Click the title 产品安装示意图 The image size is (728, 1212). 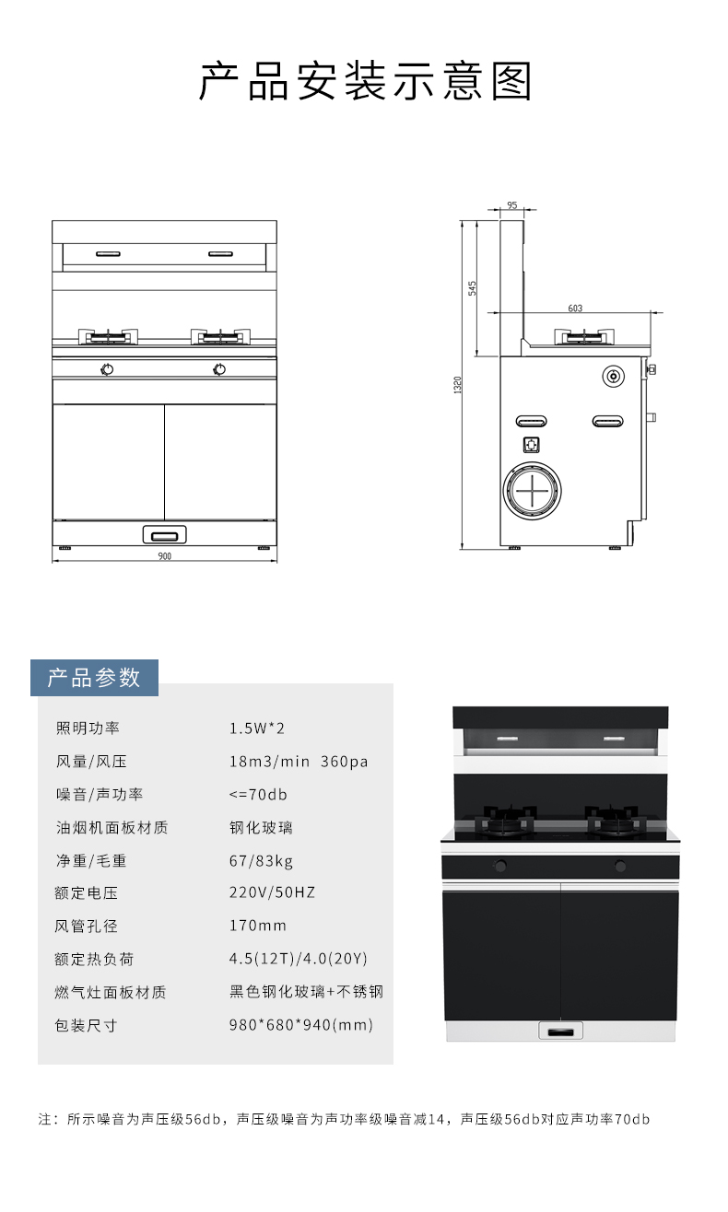[365, 82]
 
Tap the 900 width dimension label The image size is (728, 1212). [165, 556]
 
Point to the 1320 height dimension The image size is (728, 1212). [458, 385]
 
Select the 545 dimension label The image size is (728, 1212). [472, 287]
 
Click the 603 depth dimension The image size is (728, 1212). [575, 309]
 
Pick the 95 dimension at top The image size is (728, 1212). [511, 205]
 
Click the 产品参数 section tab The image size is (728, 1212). [94, 678]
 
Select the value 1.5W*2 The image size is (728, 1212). [257, 728]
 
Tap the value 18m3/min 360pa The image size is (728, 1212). [299, 762]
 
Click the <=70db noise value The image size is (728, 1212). [258, 795]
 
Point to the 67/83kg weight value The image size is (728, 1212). [261, 861]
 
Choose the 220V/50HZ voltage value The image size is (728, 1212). [272, 892]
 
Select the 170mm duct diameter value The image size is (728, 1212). [258, 926]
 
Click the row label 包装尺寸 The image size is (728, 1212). [87, 1025]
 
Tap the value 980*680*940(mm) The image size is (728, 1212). [301, 1025]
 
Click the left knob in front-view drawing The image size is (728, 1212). [108, 370]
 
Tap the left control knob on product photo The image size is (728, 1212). [500, 867]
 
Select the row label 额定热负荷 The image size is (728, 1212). [94, 959]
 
